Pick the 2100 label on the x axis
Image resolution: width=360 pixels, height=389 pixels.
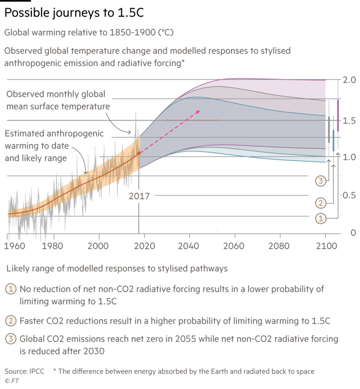tap(326, 245)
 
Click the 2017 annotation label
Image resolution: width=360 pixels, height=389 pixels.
tap(139, 196)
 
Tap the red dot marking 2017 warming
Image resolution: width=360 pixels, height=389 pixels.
tap(138, 153)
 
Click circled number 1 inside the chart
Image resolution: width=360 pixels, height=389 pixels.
tap(320, 218)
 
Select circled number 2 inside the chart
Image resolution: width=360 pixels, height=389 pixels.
tap(320, 202)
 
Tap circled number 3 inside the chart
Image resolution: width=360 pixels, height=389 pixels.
tap(320, 180)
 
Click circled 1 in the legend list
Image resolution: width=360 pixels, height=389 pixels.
tap(10, 289)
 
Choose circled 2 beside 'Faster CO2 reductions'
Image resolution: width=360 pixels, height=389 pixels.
tap(10, 321)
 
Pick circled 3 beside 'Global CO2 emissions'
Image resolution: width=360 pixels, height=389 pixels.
tap(10, 339)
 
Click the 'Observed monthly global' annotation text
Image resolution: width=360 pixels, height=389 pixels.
tap(56, 95)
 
